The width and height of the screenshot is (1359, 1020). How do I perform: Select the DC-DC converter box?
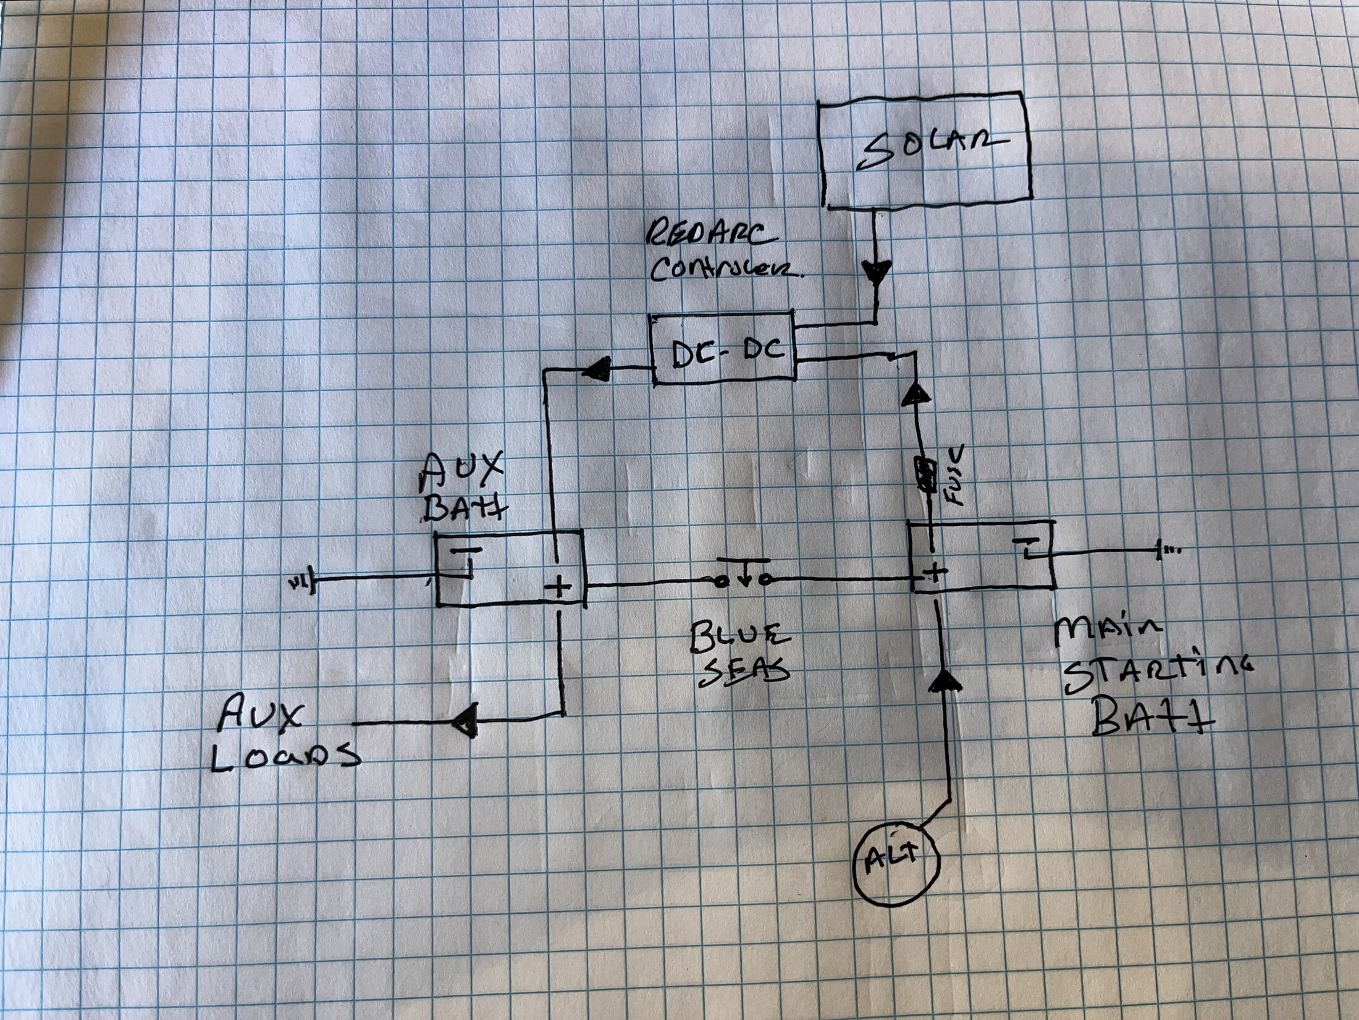point(723,350)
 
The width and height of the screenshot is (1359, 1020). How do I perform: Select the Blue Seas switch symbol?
point(741,578)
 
